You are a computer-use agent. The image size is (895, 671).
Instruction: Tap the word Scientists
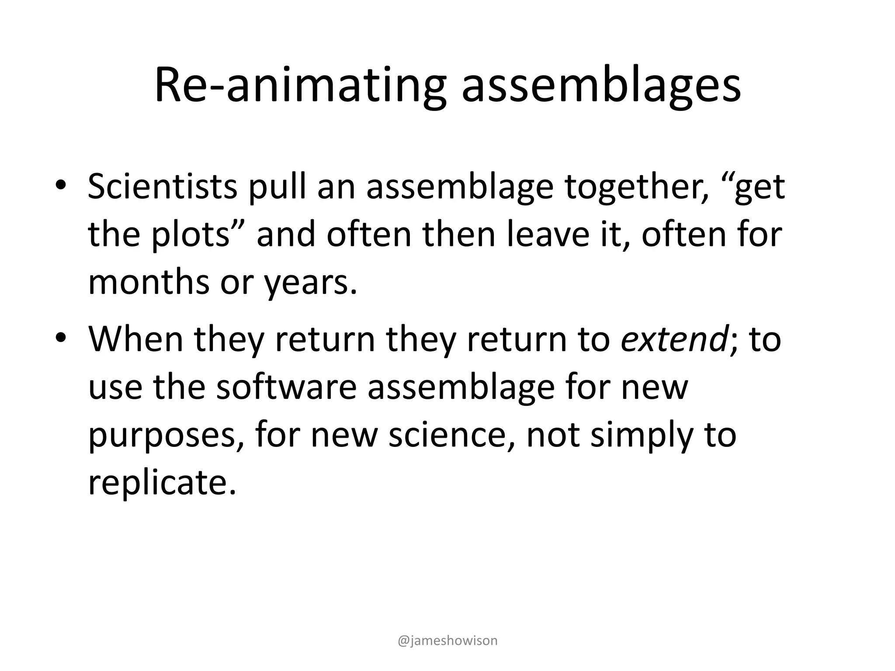tap(163, 187)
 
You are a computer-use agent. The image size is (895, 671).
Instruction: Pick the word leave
tap(548, 235)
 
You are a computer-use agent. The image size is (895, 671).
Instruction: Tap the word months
tap(149, 283)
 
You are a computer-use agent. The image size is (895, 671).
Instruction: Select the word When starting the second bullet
tap(135, 339)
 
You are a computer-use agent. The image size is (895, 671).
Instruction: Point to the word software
tap(286, 387)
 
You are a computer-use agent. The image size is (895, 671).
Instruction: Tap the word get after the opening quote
tap(760, 187)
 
